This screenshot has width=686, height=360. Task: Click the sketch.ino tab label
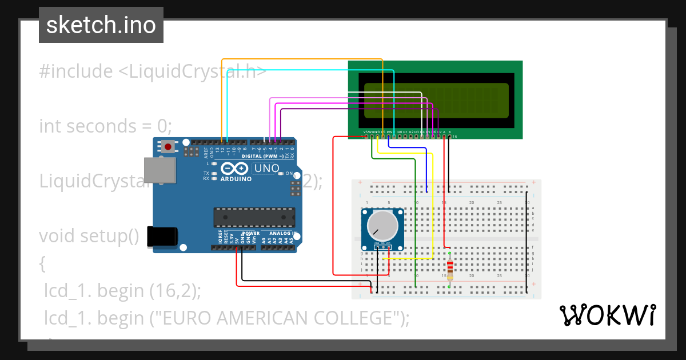click(101, 25)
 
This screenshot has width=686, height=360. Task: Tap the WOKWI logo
click(607, 315)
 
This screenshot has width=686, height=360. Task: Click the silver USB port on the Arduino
click(158, 171)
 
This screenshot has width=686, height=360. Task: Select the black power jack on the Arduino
click(162, 237)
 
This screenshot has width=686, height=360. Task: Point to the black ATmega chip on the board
click(254, 217)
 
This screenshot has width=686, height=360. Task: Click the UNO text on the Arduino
click(266, 169)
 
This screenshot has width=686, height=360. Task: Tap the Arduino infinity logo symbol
click(234, 169)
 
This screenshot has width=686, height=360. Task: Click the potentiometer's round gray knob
click(382, 225)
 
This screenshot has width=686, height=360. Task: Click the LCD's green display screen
click(436, 101)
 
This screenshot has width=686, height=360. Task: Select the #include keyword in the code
click(76, 71)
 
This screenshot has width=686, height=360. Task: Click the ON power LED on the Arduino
click(280, 173)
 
